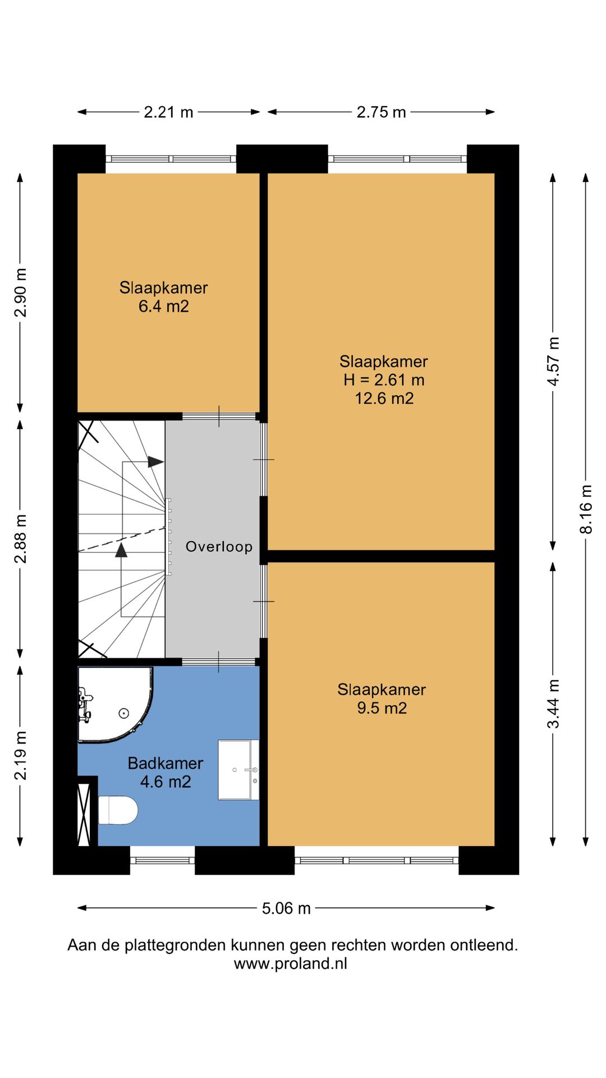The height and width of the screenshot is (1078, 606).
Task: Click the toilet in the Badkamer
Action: [x=118, y=810]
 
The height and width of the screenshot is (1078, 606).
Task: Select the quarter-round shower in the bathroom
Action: [x=115, y=705]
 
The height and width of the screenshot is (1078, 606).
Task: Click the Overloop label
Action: [x=219, y=546]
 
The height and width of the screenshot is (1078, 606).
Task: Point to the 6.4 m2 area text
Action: [x=164, y=307]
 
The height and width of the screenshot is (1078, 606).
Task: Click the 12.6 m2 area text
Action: [x=384, y=399]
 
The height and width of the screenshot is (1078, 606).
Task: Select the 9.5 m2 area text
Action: [x=382, y=708]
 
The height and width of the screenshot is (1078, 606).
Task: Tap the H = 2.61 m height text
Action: [x=384, y=380]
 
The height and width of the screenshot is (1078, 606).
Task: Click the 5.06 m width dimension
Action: [x=286, y=908]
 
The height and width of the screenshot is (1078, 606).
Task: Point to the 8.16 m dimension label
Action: [x=586, y=509]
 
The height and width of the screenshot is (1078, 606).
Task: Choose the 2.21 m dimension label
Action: [x=168, y=112]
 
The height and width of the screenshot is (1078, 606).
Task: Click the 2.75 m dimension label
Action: [x=382, y=112]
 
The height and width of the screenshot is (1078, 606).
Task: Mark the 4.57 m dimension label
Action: [x=553, y=361]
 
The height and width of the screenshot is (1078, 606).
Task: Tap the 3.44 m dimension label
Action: [x=553, y=704]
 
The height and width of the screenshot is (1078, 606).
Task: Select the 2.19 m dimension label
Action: [x=20, y=756]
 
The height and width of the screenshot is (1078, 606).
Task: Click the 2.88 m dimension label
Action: [x=20, y=538]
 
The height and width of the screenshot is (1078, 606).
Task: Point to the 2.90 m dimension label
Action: [x=20, y=293]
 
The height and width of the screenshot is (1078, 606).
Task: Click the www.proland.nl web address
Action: [x=291, y=963]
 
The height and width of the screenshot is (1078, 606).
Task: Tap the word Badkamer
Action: [x=166, y=764]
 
